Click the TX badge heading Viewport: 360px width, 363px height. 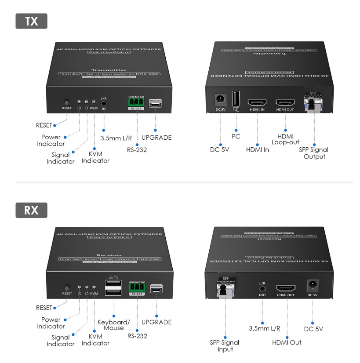click(x=31, y=22)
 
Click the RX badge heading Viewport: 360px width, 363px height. click(x=31, y=210)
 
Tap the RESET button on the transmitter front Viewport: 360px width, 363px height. click(x=67, y=102)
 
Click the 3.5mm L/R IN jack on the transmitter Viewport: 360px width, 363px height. click(x=104, y=105)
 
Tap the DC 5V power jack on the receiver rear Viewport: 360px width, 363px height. click(x=313, y=285)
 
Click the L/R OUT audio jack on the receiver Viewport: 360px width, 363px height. click(x=262, y=289)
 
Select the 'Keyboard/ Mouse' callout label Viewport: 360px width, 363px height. click(x=113, y=325)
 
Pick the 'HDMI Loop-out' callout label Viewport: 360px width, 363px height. click(x=285, y=139)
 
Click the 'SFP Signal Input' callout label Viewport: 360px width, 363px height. click(x=225, y=346)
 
